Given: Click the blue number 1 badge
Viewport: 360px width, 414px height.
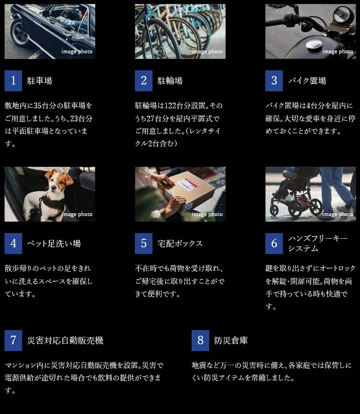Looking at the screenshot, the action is tap(13, 81).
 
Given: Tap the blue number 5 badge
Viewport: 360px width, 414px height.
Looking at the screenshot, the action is tap(143, 243).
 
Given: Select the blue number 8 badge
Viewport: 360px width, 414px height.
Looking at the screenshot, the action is tap(200, 340).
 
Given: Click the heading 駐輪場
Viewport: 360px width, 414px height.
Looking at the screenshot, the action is tap(170, 81).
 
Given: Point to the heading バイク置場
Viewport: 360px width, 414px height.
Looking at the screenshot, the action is tap(307, 81).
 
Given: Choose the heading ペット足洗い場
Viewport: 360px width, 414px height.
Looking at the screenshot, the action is tap(54, 243).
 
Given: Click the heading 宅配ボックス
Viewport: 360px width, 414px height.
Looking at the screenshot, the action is tap(180, 243).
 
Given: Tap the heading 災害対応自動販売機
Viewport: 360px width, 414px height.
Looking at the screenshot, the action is tap(65, 340).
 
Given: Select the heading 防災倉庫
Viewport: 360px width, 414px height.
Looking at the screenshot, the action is tap(231, 340).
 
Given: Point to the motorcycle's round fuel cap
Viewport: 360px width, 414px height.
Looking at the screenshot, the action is tap(314, 45).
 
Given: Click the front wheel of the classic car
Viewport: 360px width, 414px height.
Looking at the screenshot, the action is tap(19, 33).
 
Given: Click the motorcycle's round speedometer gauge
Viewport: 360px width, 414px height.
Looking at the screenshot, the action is tap(342, 15).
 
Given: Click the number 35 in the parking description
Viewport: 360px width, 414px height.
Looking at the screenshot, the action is tap(38, 105).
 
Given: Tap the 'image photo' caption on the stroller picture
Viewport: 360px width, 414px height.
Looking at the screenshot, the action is tap(337, 214).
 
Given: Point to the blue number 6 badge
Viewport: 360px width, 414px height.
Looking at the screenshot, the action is tap(274, 243).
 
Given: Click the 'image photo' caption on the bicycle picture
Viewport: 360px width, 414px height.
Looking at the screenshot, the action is tap(207, 52).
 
